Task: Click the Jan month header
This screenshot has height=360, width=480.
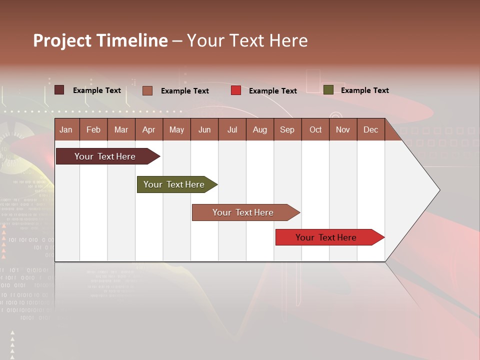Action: click(66, 129)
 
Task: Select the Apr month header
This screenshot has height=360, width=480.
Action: click(148, 129)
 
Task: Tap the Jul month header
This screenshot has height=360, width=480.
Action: click(232, 129)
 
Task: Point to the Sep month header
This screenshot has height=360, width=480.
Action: click(287, 129)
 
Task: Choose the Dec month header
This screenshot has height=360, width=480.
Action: click(370, 129)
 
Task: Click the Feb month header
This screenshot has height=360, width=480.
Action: click(93, 129)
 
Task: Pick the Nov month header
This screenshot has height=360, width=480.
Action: click(342, 129)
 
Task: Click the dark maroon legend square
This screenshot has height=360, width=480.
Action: click(59, 90)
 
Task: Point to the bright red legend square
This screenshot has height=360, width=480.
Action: click(236, 90)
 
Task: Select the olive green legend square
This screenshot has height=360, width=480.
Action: click(328, 90)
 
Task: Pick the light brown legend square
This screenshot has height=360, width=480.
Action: click(147, 90)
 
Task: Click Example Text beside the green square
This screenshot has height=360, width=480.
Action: click(364, 90)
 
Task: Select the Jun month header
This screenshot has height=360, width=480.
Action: click(204, 129)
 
